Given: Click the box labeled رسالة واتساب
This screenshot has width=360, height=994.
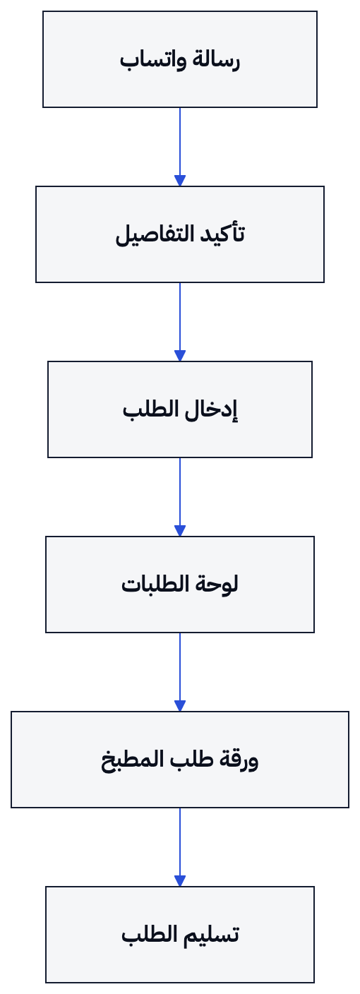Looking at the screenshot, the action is click(180, 59).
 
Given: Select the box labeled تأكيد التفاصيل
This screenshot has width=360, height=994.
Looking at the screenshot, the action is click(180, 234).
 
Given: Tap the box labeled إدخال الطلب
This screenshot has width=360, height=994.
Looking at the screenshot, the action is click(180, 409).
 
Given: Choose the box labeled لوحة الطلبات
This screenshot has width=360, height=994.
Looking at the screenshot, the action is click(180, 585).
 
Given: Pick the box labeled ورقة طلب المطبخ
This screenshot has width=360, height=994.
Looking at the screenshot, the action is click(180, 759).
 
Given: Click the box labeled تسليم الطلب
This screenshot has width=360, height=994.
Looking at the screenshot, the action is click(180, 935).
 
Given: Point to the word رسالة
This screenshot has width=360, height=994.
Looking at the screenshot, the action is click(212, 60).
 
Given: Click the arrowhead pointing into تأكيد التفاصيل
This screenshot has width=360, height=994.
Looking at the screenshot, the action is click(180, 181).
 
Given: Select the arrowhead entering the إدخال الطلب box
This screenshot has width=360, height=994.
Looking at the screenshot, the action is click(180, 356).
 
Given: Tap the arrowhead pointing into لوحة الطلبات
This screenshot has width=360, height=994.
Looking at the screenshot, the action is click(180, 531).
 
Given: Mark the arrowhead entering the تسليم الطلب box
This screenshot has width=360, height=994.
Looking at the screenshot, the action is click(180, 881).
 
